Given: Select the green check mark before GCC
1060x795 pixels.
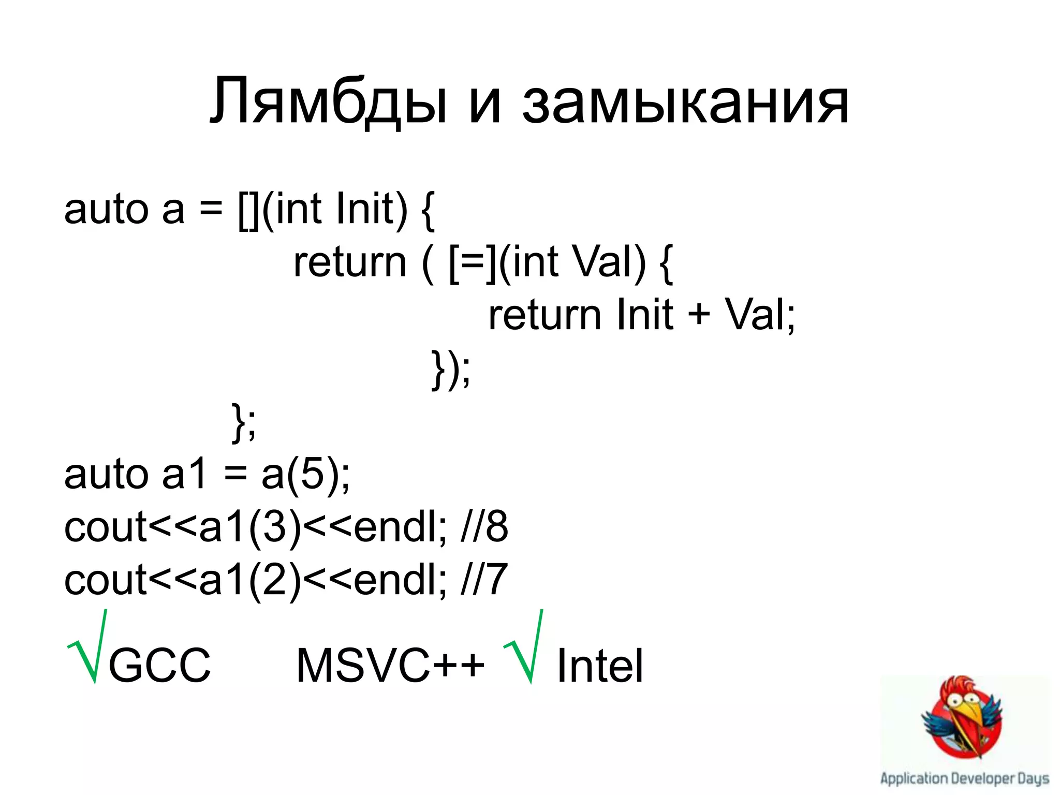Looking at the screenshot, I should (87, 647).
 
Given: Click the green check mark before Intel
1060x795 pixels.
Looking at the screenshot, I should (524, 647).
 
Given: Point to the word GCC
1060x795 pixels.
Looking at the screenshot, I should (159, 666).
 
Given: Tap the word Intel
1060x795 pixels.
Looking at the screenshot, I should (599, 666).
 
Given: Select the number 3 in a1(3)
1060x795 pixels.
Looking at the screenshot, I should (275, 527).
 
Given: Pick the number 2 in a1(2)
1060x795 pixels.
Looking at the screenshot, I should (275, 580).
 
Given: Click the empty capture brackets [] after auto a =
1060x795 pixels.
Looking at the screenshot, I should (249, 210).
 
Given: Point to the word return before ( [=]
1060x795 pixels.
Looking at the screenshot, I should (350, 262).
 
